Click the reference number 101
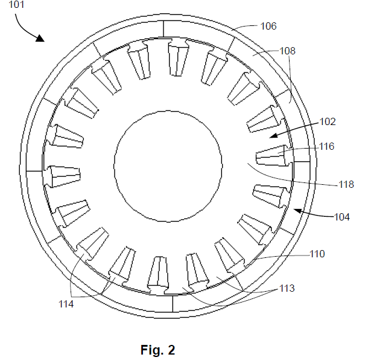pyautogui.click(x=16, y=4)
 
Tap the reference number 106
pyautogui.click(x=268, y=26)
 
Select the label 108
pyautogui.click(x=287, y=51)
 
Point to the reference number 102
pyautogui.click(x=328, y=121)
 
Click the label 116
pyautogui.click(x=326, y=146)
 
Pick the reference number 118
pyautogui.click(x=346, y=184)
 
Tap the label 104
pyautogui.click(x=341, y=217)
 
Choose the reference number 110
pyautogui.click(x=317, y=254)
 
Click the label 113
pyautogui.click(x=287, y=288)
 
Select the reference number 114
pyautogui.click(x=66, y=304)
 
